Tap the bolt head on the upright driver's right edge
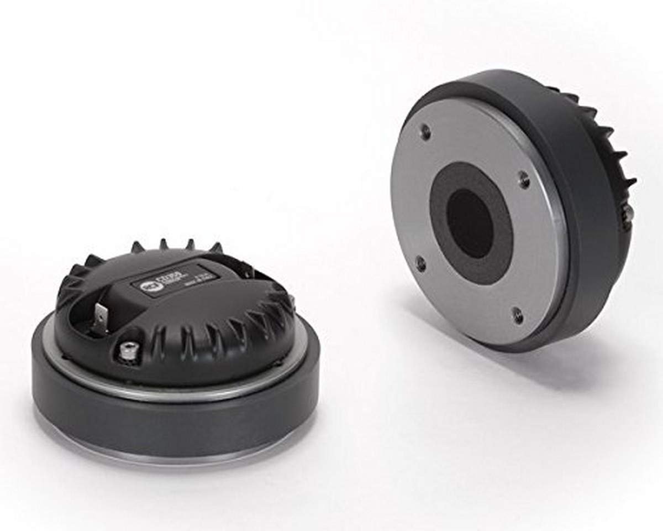[628, 216]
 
